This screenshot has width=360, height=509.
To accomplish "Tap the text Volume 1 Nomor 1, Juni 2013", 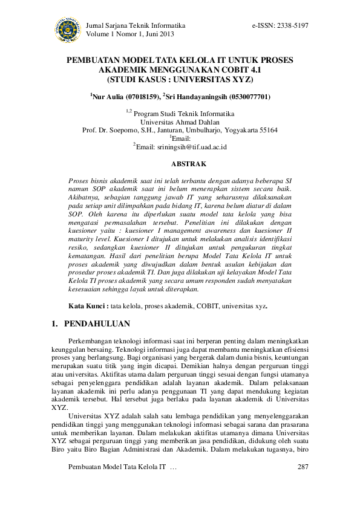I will tap(130, 34).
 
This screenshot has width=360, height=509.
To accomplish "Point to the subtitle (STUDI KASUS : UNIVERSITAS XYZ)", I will tap(180, 79).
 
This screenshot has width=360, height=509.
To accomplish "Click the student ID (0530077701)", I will tap(250, 97).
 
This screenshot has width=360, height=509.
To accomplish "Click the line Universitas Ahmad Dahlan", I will tap(180, 122).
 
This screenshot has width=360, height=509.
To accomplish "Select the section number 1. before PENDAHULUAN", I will tap(56, 325).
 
